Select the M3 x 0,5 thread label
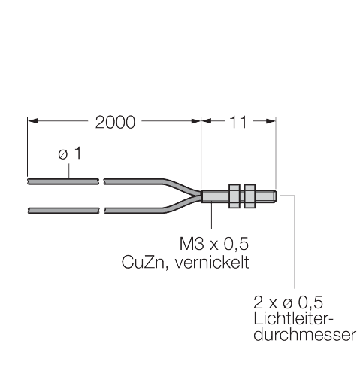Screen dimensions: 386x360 [x=214, y=245]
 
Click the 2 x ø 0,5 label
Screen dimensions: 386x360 [x=289, y=303]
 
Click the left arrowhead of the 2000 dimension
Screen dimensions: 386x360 [x=32, y=120]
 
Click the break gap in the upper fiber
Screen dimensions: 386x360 [x=101, y=181]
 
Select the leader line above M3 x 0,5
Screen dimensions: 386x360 [x=212, y=218]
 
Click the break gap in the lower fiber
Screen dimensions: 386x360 [x=101, y=208]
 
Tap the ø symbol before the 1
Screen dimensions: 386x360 [x=62, y=154]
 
